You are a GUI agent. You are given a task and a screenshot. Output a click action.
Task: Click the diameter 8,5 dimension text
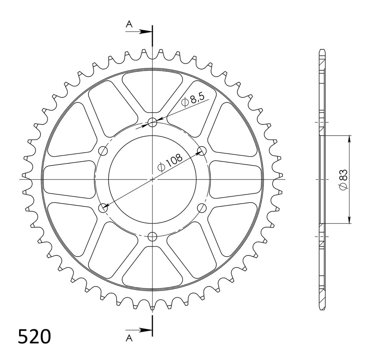pyautogui.click(x=192, y=100)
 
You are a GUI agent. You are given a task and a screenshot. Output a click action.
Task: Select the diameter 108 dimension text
pyautogui.click(x=170, y=162)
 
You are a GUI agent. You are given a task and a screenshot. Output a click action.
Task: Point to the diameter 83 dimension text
pyautogui.click(x=343, y=179)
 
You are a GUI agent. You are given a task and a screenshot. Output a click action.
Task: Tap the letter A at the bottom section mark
pyautogui.click(x=129, y=339)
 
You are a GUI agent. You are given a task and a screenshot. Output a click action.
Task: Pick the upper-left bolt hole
pyautogui.click(x=103, y=151)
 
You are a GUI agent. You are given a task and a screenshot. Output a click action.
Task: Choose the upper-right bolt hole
pyautogui.click(x=202, y=151)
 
